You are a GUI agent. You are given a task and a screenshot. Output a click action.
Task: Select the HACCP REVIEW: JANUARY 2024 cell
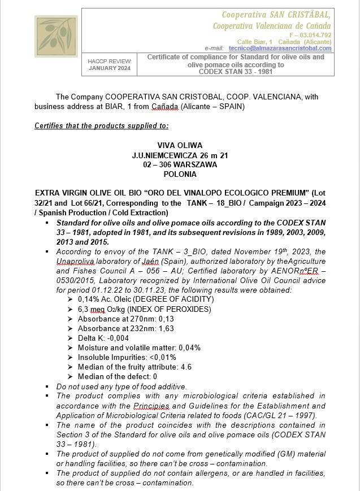pos(110,65)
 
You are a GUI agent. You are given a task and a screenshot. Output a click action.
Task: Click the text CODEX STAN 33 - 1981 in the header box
pos(236,71)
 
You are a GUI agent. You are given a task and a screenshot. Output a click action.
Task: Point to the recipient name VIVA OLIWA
pos(180,145)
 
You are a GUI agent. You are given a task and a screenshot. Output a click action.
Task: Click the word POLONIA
pos(180,175)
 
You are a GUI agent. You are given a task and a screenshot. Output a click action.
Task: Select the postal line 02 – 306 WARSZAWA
pos(180,164)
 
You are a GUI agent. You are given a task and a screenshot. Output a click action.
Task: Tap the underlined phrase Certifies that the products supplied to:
pos(101,125)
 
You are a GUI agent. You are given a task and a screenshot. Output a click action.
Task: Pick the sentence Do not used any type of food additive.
pos(122,386)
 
